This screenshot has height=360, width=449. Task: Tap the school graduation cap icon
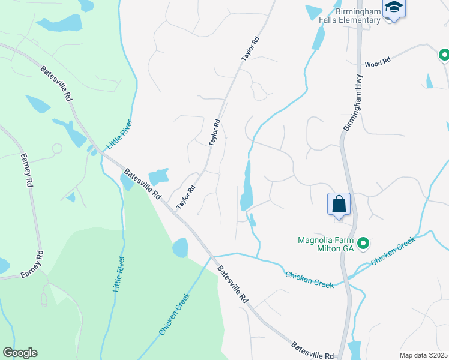(394, 8)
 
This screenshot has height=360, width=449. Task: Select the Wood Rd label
(378, 61)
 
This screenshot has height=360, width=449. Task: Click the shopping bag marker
(339, 203)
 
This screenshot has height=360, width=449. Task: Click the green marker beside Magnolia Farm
(363, 244)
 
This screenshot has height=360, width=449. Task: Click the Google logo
(20, 353)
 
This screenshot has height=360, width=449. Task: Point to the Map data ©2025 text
(423, 355)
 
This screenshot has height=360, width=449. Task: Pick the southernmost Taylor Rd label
(186, 197)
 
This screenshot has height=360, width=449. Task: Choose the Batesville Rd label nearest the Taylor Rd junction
(143, 185)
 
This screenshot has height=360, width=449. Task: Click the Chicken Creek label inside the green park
(175, 314)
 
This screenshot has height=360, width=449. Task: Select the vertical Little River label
(119, 274)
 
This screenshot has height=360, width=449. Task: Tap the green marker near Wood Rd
(444, 56)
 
